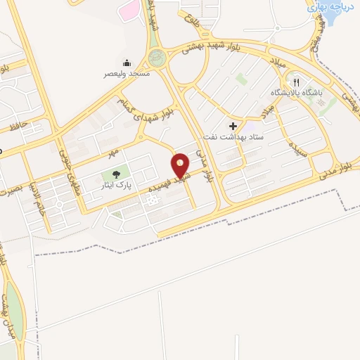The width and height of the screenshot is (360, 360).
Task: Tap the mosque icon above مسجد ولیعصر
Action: (127, 63)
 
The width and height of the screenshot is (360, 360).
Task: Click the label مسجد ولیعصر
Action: (127, 74)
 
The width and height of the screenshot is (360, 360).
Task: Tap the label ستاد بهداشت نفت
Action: (233, 136)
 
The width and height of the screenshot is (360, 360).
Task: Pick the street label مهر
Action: (112, 152)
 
